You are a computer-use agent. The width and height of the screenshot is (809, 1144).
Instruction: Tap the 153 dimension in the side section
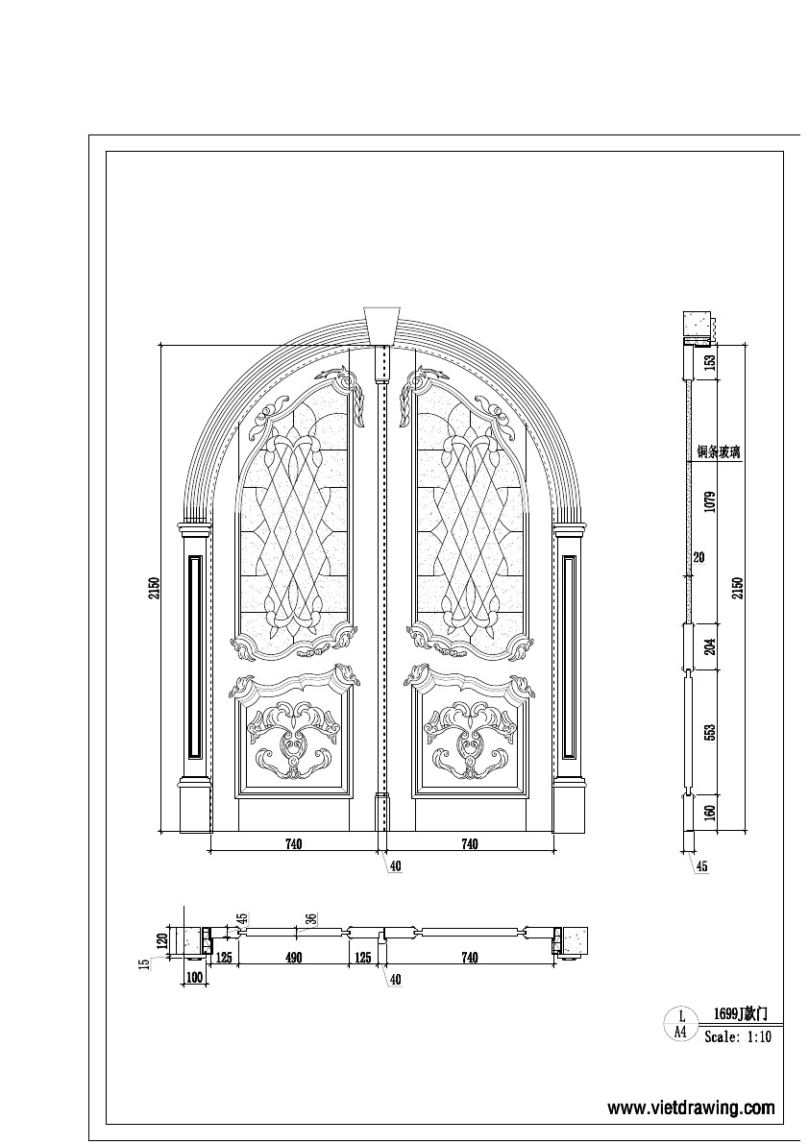(x=710, y=361)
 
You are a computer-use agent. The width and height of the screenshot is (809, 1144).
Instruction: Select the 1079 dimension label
(x=710, y=500)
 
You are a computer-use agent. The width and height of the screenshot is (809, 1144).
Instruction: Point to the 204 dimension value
(x=710, y=646)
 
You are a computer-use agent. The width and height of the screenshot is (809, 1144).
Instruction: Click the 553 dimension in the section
(x=710, y=733)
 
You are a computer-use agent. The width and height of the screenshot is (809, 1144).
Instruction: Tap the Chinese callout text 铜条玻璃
(x=722, y=451)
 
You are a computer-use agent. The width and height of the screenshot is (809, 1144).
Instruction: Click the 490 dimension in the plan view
(x=293, y=958)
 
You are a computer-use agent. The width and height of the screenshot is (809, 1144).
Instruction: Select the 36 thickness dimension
(x=311, y=919)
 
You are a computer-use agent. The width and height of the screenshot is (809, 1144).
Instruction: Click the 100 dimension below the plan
(x=195, y=977)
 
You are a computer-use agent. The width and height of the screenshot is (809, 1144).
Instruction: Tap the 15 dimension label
(x=143, y=963)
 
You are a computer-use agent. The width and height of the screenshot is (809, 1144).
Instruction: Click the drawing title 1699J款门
(x=740, y=1013)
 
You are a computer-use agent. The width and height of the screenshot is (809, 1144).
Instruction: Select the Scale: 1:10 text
(x=738, y=1037)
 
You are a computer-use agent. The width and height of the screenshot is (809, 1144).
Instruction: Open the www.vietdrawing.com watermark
(x=691, y=1107)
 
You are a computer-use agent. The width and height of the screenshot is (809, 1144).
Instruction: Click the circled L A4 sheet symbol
(x=680, y=1024)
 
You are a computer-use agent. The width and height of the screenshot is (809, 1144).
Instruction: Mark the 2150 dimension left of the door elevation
(x=153, y=588)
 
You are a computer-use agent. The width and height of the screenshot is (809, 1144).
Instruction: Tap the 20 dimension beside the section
(x=699, y=557)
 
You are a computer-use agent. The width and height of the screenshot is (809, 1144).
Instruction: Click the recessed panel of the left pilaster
(x=194, y=652)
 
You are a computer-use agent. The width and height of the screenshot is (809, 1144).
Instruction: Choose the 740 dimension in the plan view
(x=470, y=958)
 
